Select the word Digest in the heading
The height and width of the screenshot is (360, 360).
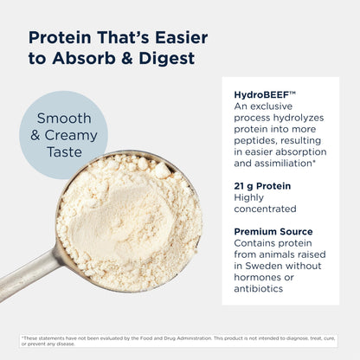(x=167, y=59)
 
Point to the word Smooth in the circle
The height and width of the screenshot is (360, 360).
(x=63, y=120)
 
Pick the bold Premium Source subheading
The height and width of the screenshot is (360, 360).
(x=273, y=231)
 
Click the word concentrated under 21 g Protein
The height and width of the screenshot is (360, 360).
(x=265, y=209)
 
